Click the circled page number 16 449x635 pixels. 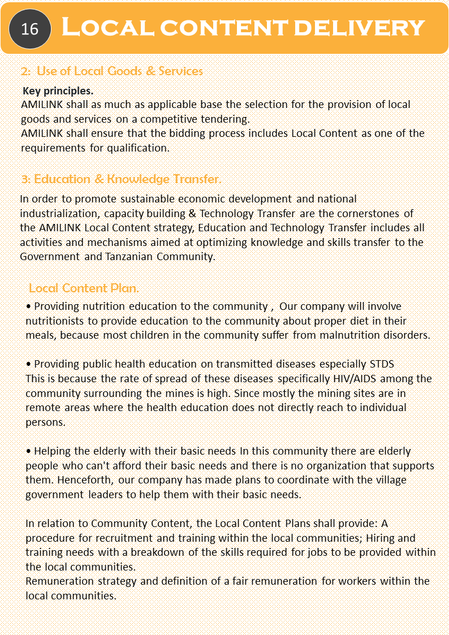[x=29, y=29]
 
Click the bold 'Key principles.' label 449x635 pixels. [x=58, y=90]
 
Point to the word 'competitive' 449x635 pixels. [x=166, y=119]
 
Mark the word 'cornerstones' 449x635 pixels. [x=370, y=213]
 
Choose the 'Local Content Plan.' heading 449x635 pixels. [x=84, y=288]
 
